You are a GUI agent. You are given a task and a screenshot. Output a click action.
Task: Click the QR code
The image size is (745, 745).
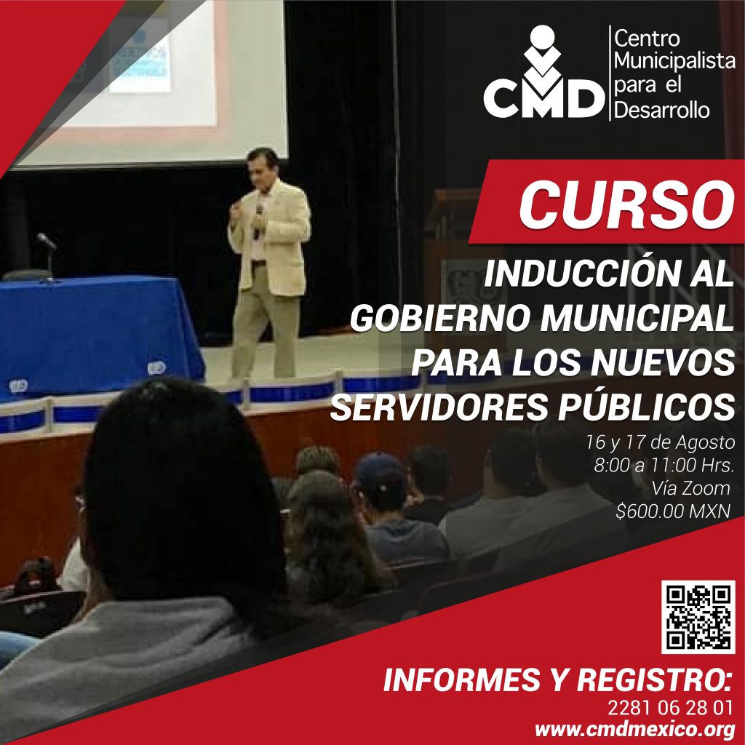coord(698,617)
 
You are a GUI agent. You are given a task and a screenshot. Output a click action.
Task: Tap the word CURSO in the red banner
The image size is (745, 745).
coord(626,204)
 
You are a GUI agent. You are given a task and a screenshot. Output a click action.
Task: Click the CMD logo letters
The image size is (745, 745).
coord(544,98)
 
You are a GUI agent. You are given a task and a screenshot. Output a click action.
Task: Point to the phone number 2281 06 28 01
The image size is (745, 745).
coord(670,708)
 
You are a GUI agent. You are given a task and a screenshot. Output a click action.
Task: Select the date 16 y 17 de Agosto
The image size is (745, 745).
coord(660,442)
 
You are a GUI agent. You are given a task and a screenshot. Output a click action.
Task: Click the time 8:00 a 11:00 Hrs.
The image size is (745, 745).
coord(664,465)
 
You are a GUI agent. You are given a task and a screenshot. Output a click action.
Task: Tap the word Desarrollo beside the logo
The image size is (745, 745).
coord(662,111)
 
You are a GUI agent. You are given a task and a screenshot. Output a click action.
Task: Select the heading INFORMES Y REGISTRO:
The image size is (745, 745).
coord(557,680)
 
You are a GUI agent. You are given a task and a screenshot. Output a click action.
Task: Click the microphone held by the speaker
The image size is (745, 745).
coord(259,221)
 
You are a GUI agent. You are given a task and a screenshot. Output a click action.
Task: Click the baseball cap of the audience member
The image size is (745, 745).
coord(379,473)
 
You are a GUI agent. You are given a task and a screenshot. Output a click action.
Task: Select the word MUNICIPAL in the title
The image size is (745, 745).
coord(637,318)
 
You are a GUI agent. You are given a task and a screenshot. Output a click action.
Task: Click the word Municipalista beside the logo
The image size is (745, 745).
coord(674,60)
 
